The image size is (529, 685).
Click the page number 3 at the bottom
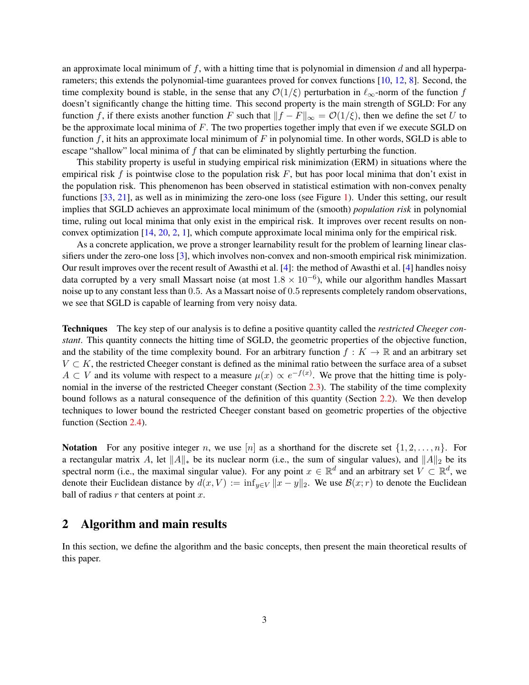[x=264, y=620]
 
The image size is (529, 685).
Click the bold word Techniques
[x=85, y=329]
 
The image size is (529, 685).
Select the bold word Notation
[x=79, y=448]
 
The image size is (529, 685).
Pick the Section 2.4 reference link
[x=135, y=422]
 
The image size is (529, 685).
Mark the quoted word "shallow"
[x=107, y=151]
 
